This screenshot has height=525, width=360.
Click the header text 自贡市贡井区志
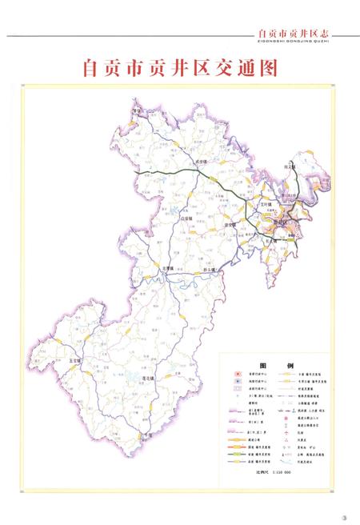click(x=294, y=33)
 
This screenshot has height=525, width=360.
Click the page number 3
click(x=345, y=515)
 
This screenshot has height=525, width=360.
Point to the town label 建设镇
click(x=231, y=225)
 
